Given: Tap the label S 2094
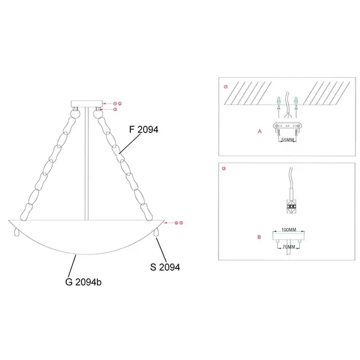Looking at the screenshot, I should (x=165, y=267).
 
